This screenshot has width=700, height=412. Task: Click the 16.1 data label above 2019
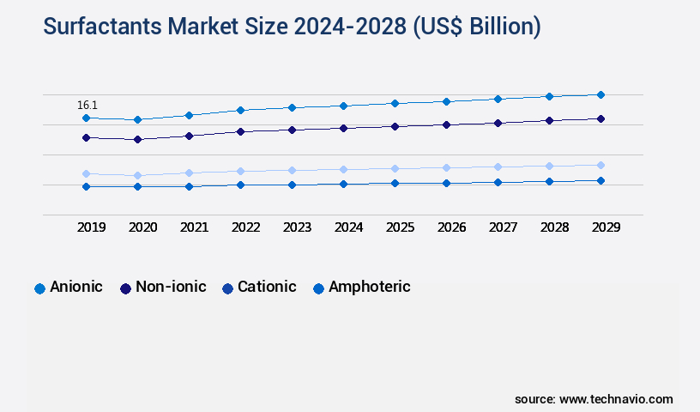87,105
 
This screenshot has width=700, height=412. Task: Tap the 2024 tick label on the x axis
348,227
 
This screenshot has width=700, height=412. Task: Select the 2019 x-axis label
91,227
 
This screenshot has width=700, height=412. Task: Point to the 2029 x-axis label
606,227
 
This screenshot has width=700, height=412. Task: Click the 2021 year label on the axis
194,227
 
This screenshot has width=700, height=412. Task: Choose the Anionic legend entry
69,288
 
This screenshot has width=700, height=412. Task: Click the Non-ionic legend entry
163,288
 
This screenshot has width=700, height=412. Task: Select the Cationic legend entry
259,288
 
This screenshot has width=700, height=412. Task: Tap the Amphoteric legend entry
361,288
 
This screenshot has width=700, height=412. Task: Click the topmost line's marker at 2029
600,94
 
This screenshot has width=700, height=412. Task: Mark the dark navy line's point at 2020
137,139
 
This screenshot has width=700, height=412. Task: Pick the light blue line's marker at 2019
86,173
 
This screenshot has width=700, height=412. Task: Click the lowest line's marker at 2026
446,183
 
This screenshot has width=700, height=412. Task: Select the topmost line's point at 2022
240,110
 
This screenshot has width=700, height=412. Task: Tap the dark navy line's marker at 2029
600,118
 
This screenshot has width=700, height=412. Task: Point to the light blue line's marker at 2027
498,167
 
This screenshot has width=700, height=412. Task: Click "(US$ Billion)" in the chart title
477,27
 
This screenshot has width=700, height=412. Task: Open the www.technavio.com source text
616,399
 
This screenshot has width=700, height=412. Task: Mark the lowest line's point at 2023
292,185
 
